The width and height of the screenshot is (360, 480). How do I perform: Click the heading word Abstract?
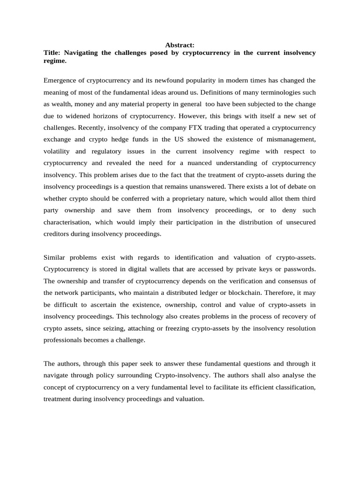(180, 45)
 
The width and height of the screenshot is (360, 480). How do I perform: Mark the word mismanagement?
(293, 139)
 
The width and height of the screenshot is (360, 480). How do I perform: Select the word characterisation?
(67, 222)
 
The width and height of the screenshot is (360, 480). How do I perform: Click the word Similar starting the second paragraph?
(54, 257)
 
